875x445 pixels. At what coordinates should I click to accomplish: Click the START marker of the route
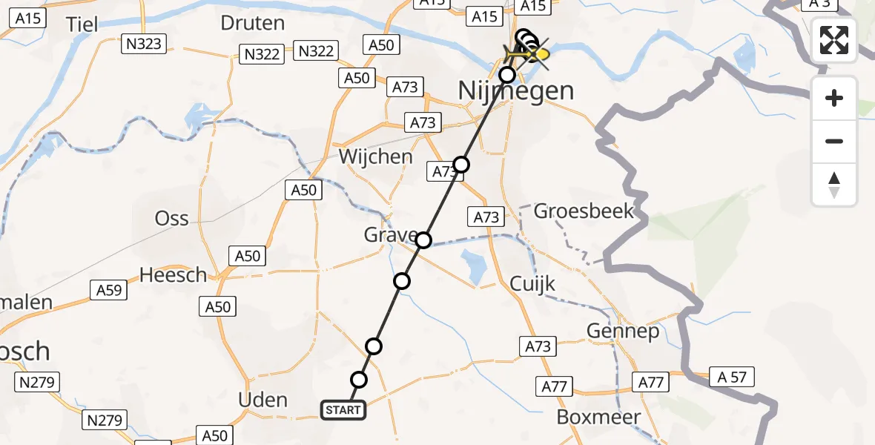tap(343, 409)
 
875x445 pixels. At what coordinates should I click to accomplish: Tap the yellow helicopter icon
tap(528, 54)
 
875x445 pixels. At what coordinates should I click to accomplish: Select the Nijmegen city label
tap(516, 91)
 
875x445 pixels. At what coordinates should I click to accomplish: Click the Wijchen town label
tap(375, 156)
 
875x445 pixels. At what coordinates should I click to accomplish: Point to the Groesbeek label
tap(584, 211)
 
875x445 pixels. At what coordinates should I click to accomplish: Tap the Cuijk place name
tap(532, 284)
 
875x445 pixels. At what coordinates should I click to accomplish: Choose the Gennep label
tap(623, 331)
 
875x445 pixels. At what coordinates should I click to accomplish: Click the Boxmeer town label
tap(598, 417)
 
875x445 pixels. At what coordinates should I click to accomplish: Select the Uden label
tap(262, 400)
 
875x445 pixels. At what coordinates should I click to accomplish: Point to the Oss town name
tap(171, 219)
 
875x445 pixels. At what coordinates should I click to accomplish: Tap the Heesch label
tap(174, 275)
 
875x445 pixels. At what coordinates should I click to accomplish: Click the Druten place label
tap(252, 23)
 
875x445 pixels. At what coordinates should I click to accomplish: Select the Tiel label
tap(82, 24)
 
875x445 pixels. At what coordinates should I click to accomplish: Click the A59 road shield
tap(109, 290)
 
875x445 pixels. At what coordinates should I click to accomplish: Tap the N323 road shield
tap(142, 44)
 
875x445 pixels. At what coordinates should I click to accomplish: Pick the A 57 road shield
tap(731, 377)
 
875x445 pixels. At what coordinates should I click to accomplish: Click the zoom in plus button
tap(834, 98)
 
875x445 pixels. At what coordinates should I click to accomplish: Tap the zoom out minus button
tap(834, 141)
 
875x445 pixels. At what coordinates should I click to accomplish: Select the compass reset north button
tap(834, 185)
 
